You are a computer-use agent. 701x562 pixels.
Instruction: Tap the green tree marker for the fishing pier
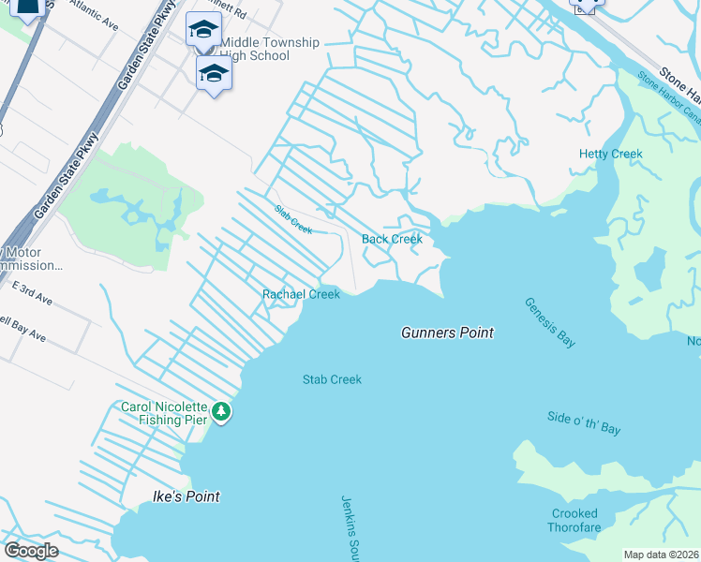(x=221, y=412)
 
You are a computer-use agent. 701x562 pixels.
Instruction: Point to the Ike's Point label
(x=186, y=496)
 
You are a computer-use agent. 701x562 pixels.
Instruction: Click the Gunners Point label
(x=447, y=333)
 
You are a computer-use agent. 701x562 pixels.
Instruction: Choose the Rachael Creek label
(x=301, y=294)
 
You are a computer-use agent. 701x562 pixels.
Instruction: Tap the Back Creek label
(x=392, y=239)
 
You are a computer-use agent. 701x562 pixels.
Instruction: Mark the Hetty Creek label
(x=611, y=154)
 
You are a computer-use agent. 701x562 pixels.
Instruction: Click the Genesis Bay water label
(x=549, y=322)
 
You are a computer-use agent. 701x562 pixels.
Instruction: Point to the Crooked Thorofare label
(x=574, y=520)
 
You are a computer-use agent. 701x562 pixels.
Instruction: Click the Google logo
(x=31, y=550)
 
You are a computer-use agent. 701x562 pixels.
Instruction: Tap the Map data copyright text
(x=662, y=555)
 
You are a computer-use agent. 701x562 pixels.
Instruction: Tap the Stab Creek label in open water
(x=332, y=379)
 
